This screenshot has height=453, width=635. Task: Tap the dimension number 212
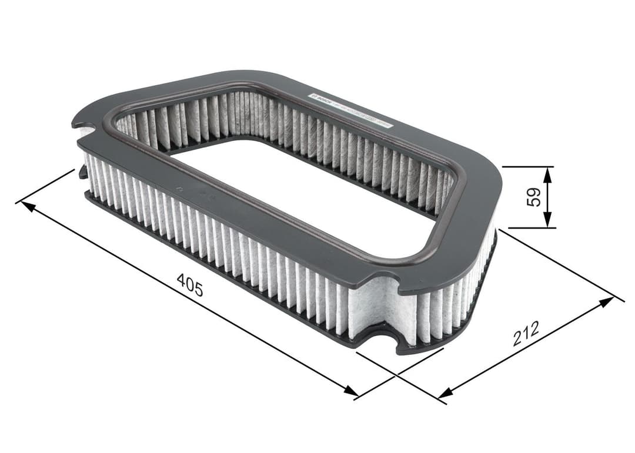(x=525, y=333)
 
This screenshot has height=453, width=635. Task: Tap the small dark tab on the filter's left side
(x=83, y=172)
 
